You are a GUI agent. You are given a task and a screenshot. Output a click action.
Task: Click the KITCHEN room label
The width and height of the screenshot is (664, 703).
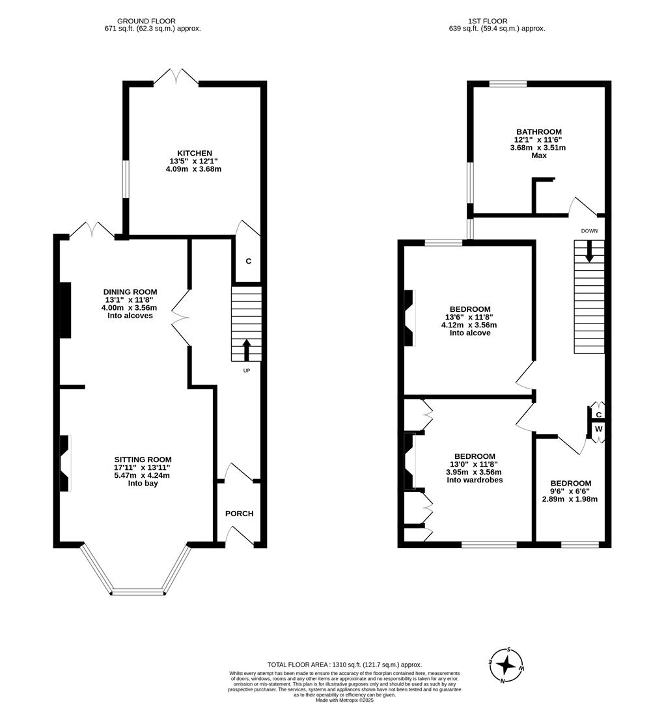point(195,153)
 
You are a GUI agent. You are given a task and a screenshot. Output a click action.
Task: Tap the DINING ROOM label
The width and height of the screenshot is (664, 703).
point(130,292)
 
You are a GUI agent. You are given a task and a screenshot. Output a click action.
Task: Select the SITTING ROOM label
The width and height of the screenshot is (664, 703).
point(143,458)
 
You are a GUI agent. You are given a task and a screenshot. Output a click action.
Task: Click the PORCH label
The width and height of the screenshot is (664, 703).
point(239,514)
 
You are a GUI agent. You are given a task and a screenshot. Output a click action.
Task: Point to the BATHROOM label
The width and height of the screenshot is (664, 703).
point(539,131)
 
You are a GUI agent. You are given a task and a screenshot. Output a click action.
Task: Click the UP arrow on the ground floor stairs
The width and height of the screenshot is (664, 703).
point(246,350)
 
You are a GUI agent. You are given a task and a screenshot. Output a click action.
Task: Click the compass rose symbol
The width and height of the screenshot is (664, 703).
point(506,665)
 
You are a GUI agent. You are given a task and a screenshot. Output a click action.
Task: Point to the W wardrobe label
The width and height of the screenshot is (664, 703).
point(598,429)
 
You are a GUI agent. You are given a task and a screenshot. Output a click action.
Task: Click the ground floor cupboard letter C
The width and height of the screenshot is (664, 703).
point(248,261)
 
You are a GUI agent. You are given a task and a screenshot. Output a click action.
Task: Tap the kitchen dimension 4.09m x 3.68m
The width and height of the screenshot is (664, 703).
point(194,169)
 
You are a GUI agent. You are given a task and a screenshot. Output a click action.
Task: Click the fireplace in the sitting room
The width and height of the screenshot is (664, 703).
point(64,463)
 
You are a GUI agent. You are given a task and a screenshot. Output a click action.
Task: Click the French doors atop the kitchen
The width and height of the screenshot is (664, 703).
point(176,78)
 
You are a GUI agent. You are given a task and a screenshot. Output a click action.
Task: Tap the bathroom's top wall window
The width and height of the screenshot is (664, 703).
point(508,83)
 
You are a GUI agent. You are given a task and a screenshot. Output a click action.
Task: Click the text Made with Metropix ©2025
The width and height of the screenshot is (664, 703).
point(344,700)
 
